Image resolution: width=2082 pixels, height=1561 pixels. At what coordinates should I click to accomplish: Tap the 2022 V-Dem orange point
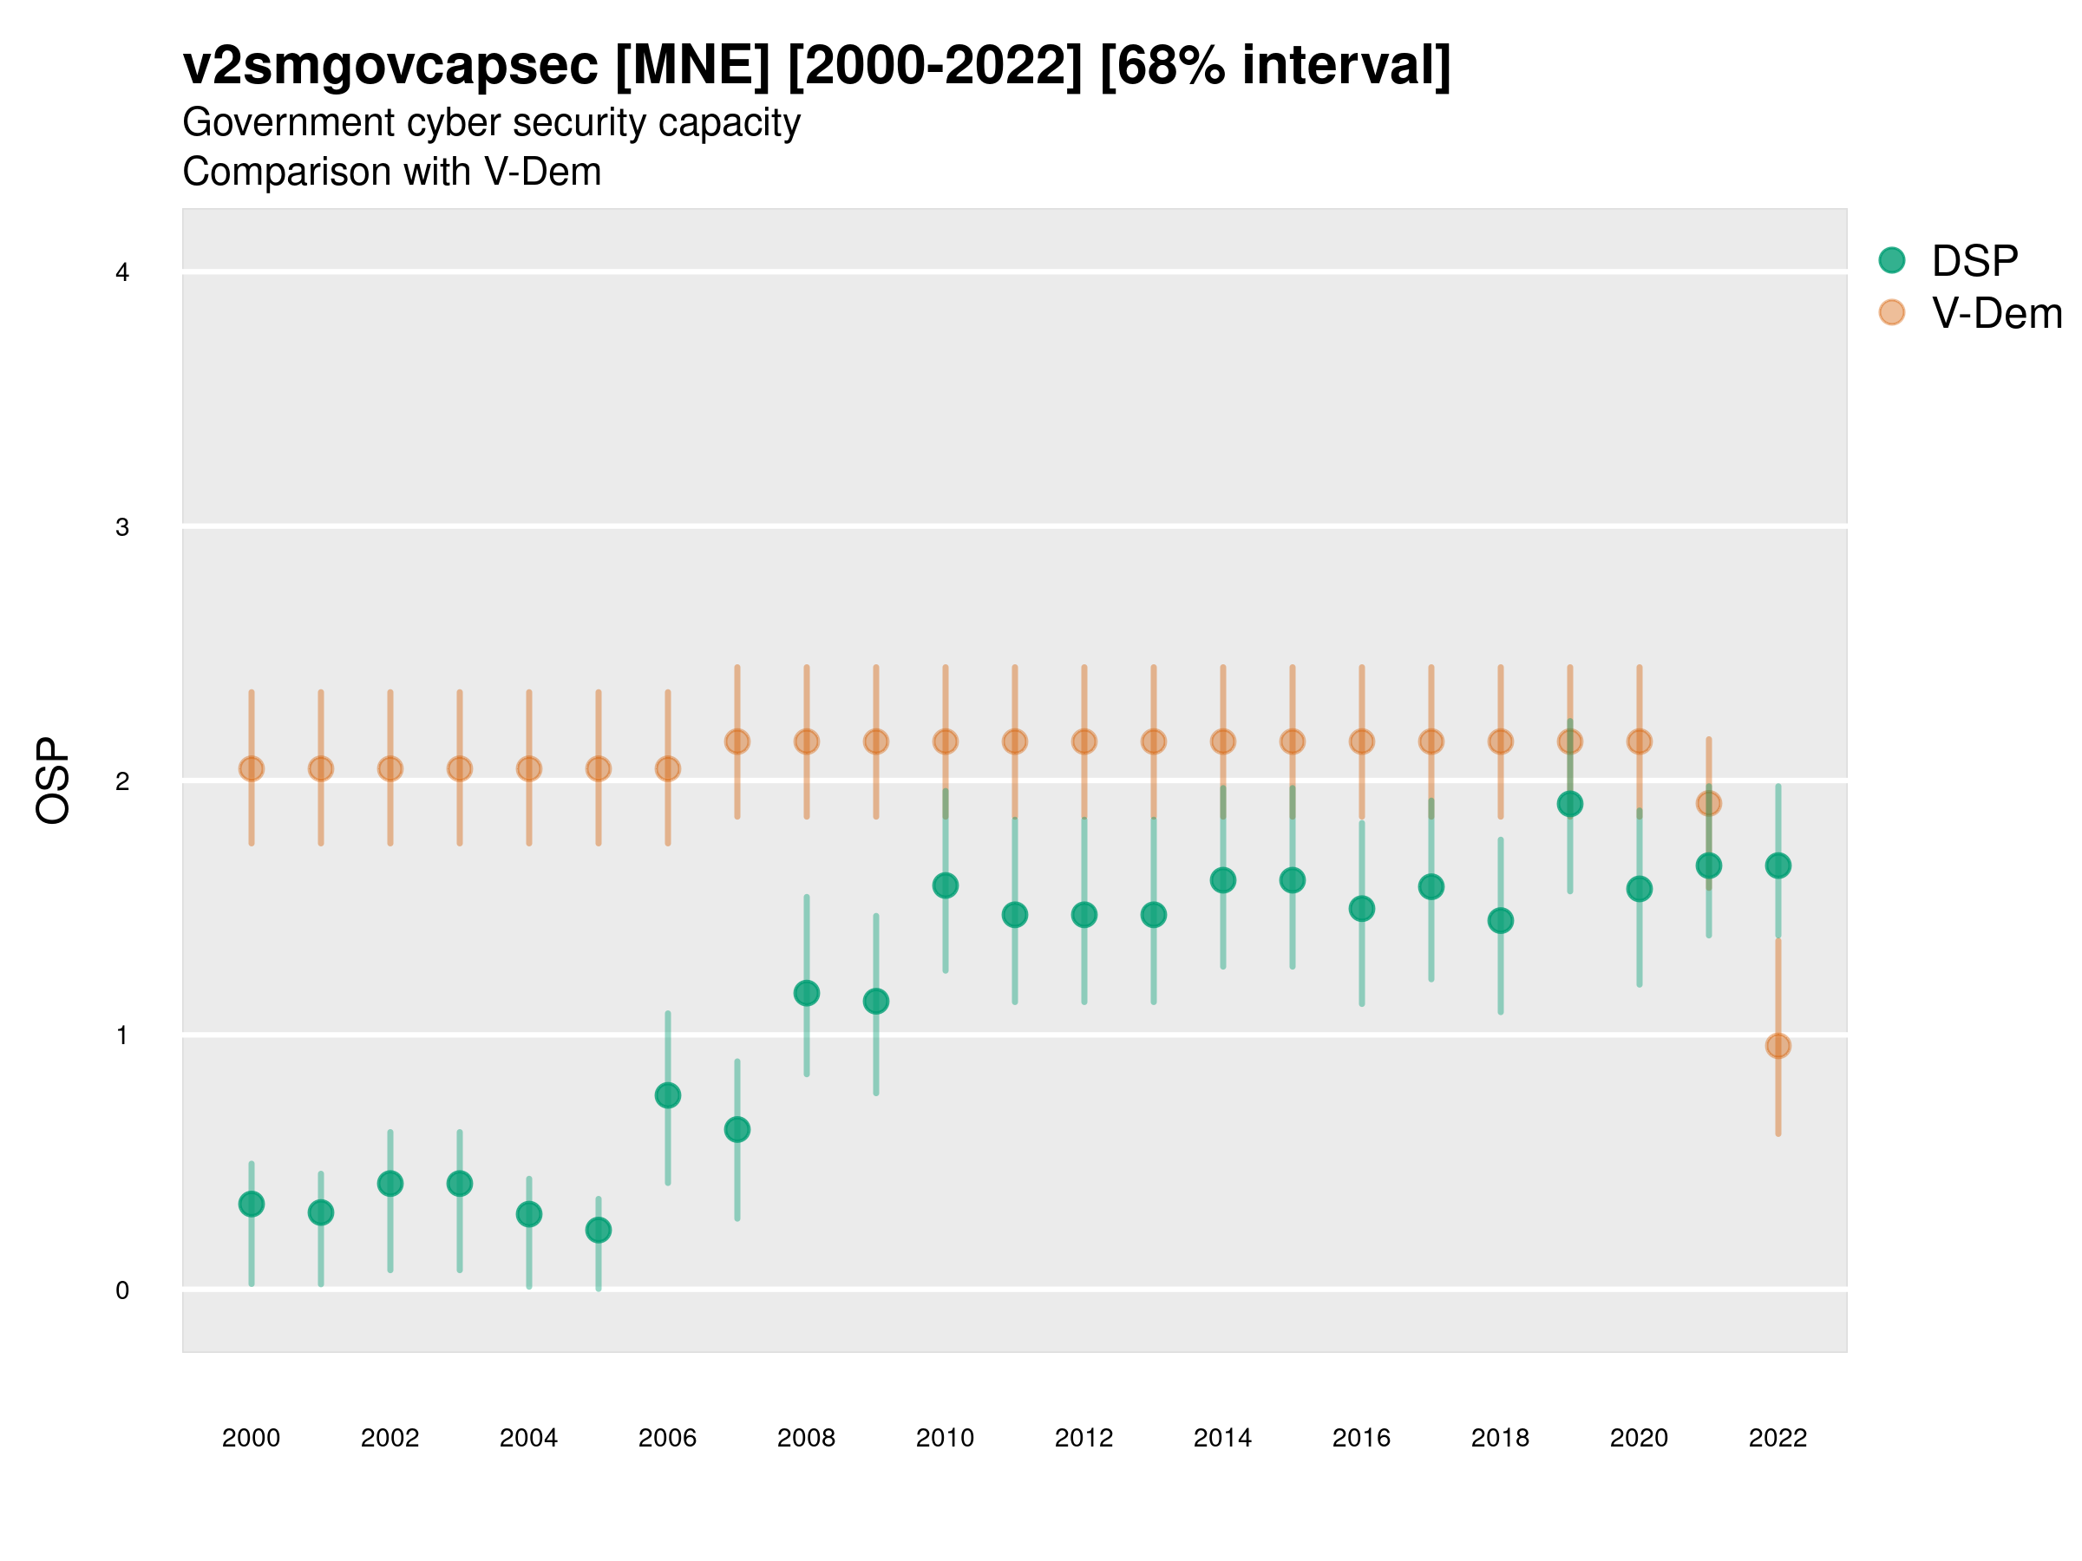(x=1778, y=1047)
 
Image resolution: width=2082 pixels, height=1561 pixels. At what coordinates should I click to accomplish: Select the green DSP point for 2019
(x=1570, y=805)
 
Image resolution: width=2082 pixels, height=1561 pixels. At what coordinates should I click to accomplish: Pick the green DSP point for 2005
(x=599, y=1231)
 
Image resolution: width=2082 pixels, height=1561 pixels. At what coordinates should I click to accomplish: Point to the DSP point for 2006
(x=668, y=1095)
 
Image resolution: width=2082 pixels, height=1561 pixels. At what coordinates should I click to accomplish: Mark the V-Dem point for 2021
(x=1708, y=804)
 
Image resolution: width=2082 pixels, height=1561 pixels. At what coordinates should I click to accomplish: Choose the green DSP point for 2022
(x=1778, y=865)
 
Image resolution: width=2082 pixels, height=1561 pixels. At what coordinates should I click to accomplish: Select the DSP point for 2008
(x=807, y=994)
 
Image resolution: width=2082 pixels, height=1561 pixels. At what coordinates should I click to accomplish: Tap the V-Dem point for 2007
(x=737, y=742)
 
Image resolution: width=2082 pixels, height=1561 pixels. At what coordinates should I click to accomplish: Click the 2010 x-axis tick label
(x=945, y=1439)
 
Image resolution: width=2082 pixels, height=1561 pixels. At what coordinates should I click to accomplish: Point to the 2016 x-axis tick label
(x=1361, y=1439)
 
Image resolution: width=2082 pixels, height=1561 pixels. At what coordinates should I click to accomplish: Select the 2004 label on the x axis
(x=528, y=1439)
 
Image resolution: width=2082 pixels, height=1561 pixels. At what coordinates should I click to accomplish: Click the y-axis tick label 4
(x=122, y=273)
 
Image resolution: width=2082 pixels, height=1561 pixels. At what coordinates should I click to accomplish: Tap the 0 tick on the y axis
(x=122, y=1291)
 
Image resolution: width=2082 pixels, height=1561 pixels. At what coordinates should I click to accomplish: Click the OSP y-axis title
(x=54, y=781)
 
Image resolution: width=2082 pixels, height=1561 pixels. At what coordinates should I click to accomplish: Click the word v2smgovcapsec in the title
(x=390, y=66)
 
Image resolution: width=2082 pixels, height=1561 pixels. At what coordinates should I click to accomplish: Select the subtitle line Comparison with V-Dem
(x=391, y=173)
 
